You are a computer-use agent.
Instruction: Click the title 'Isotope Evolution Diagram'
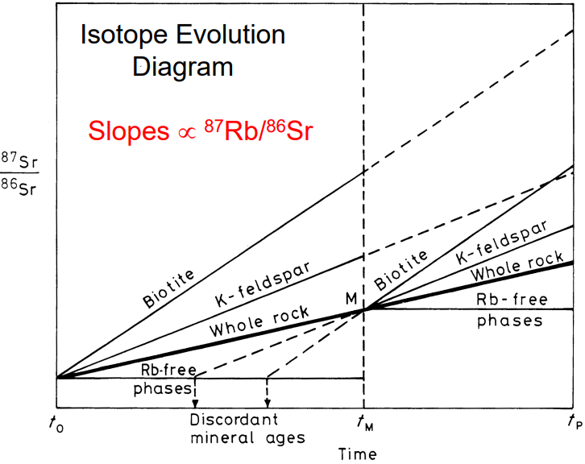pyautogui.click(x=181, y=51)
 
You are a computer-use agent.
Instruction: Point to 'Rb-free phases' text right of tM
pyautogui.click(x=512, y=310)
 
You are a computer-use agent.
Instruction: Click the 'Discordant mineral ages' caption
pyautogui.click(x=235, y=429)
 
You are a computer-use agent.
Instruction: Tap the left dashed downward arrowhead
pyautogui.click(x=195, y=404)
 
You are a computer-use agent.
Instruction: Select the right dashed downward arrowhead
pyautogui.click(x=268, y=404)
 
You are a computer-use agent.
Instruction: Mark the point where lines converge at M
pyautogui.click(x=364, y=309)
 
